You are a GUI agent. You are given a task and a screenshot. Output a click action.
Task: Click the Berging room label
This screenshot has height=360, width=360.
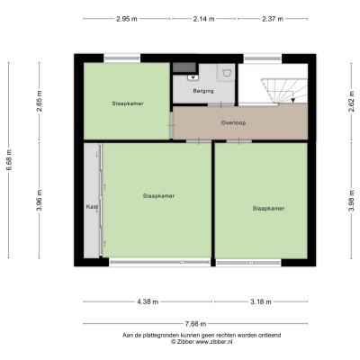pos(203,91)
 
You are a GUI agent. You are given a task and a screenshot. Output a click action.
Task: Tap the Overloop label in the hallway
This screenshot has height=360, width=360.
pos(233,122)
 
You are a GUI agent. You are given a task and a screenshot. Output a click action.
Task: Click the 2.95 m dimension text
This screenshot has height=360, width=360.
pos(127,19)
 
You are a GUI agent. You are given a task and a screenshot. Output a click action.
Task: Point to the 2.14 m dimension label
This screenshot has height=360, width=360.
pos(204,19)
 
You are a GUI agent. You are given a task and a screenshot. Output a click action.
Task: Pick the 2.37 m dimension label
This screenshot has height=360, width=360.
pos(273,19)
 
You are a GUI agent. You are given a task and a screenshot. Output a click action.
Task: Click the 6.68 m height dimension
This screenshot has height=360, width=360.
pos(9,160)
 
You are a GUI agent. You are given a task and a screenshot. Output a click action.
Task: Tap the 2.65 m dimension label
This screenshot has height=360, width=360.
pos(40,101)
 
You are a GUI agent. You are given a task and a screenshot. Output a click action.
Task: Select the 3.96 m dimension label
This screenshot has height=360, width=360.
pos(40,200)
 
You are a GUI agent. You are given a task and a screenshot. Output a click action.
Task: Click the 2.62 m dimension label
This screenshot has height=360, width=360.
pos(352,101)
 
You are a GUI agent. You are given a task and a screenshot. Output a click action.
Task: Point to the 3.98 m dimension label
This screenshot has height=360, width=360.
pos(352,201)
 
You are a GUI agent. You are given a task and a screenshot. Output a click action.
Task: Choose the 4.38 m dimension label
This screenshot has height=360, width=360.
pos(148,301)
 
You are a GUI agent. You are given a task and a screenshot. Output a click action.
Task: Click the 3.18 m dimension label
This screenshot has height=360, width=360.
pos(261,301)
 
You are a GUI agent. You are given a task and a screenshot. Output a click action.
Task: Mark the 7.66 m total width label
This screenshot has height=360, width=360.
pos(195,324)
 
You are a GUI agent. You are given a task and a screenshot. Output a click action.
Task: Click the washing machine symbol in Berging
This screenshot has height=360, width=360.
pos(226,72)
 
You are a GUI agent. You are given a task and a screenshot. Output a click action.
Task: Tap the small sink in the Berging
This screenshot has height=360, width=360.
pos(193,77)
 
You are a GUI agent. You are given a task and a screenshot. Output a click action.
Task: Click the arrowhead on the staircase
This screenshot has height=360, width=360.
pos(293,100)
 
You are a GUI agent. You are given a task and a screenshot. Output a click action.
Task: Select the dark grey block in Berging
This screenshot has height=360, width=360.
pos(184,67)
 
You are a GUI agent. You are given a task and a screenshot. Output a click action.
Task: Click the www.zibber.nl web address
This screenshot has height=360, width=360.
pos(214,342)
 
